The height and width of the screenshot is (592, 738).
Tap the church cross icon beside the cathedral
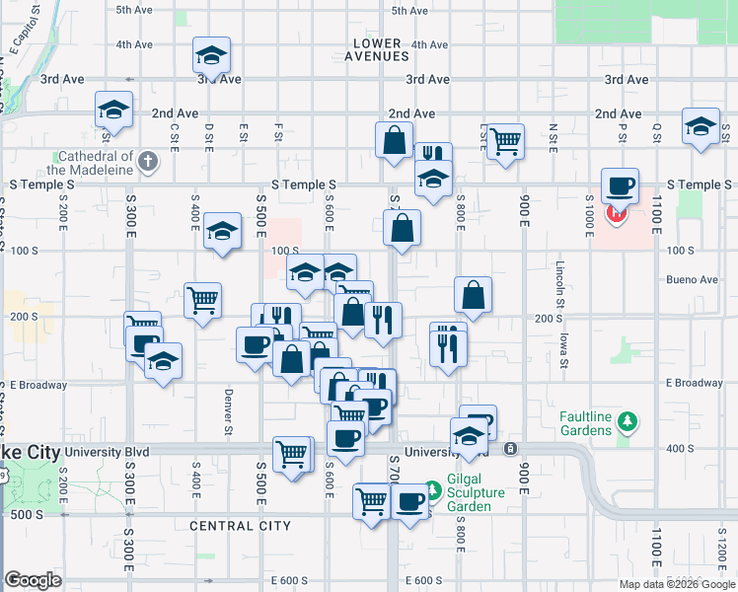(148, 161)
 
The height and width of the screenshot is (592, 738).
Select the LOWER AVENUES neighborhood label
(379, 49)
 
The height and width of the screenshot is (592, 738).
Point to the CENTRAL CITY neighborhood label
(240, 526)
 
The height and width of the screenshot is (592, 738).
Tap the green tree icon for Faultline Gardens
(626, 423)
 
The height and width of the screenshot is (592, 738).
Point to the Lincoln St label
(559, 282)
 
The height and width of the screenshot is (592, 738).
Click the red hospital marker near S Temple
(618, 213)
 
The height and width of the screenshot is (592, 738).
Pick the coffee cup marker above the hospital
(620, 185)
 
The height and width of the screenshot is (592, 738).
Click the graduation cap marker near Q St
(701, 126)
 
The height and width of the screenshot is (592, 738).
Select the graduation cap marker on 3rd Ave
(211, 56)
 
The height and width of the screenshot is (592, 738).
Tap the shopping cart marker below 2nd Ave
(505, 140)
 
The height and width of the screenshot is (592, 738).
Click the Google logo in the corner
(34, 580)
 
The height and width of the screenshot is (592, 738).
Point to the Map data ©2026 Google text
(677, 584)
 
